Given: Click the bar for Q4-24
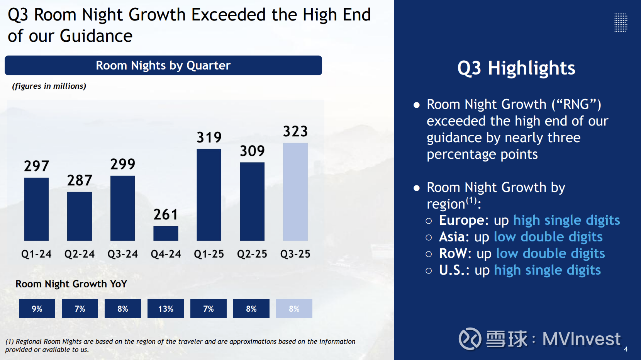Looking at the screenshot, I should pos(166,233).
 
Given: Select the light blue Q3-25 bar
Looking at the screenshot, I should pos(295,192).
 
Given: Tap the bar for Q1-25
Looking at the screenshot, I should pos(209,195).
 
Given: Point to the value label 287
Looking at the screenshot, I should pos(80,180).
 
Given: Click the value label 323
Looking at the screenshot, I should pos(295,131).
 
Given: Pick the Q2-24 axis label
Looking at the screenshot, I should pos(80,254).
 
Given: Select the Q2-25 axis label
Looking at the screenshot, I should pos(252,254).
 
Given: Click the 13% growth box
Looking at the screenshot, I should pos(166,309).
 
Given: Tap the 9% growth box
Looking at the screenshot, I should pos(37,309).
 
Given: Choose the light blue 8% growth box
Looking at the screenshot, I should pos(294,309).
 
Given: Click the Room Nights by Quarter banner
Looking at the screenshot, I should pos(163,65).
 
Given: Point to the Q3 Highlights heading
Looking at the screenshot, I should pos(516,68).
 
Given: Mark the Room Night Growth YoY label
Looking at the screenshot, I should pos(71,284).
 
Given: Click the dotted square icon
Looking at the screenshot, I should pos(621,22).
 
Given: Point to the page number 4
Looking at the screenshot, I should pos(626,349).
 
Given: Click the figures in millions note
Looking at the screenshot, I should pos(49,86).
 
